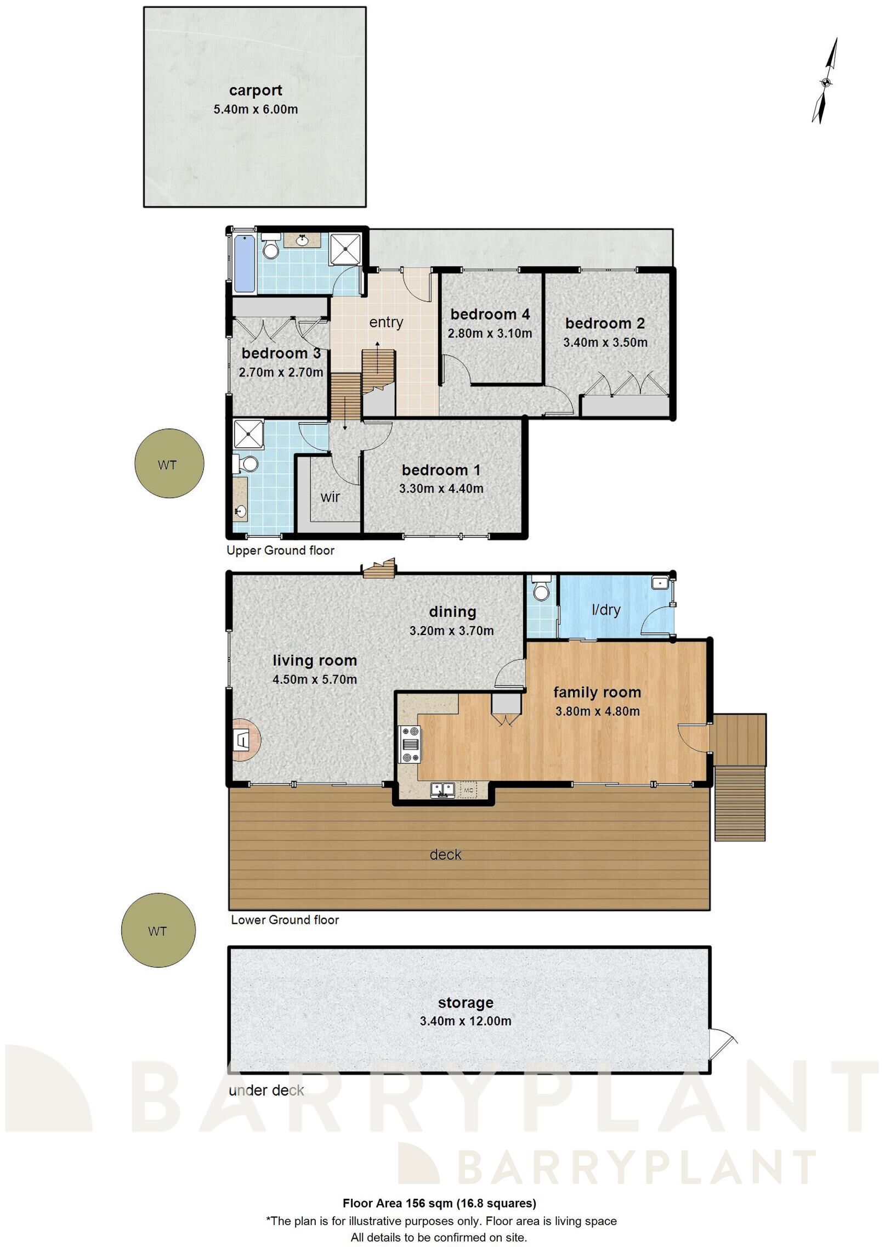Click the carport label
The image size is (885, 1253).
[256, 90]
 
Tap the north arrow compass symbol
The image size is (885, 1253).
[825, 82]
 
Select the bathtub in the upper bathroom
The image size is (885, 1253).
[244, 263]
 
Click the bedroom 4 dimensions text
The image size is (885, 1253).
[490, 333]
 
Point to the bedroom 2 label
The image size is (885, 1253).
[605, 323]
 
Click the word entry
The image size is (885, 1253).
[386, 322]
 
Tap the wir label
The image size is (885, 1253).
[330, 497]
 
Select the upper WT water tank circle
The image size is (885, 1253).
[169, 464]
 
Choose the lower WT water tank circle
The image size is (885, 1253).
[158, 931]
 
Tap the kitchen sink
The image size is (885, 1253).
[443, 790]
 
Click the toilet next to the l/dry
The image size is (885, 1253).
[541, 590]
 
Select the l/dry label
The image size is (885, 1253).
[606, 609]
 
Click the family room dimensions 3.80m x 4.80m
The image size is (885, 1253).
[597, 711]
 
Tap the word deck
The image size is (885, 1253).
[445, 855]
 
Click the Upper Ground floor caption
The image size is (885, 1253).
[280, 550]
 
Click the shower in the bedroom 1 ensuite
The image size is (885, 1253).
[248, 435]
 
